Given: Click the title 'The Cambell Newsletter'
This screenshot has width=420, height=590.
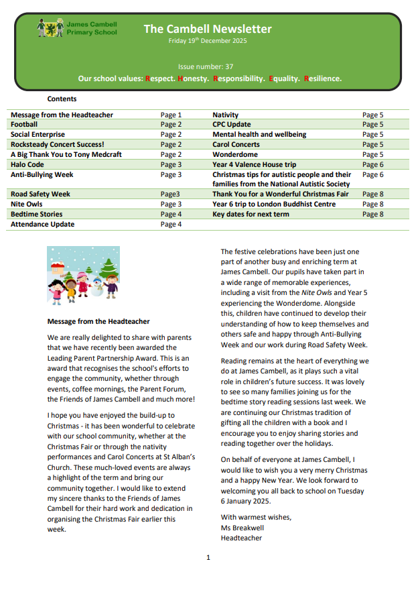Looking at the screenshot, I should (208, 29).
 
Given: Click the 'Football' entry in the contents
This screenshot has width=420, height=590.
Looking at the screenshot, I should (24, 125).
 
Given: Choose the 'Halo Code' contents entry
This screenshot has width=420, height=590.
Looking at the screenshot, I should (27, 165).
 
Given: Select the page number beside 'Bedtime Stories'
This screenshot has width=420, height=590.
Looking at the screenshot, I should (171, 215).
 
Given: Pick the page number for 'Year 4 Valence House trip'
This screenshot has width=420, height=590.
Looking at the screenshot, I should (372, 165).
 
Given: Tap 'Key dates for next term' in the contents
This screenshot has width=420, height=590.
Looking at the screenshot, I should (251, 215).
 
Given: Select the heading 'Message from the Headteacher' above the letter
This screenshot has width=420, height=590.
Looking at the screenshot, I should (98, 322).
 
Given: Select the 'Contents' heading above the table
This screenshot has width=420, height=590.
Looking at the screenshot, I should (62, 99).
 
